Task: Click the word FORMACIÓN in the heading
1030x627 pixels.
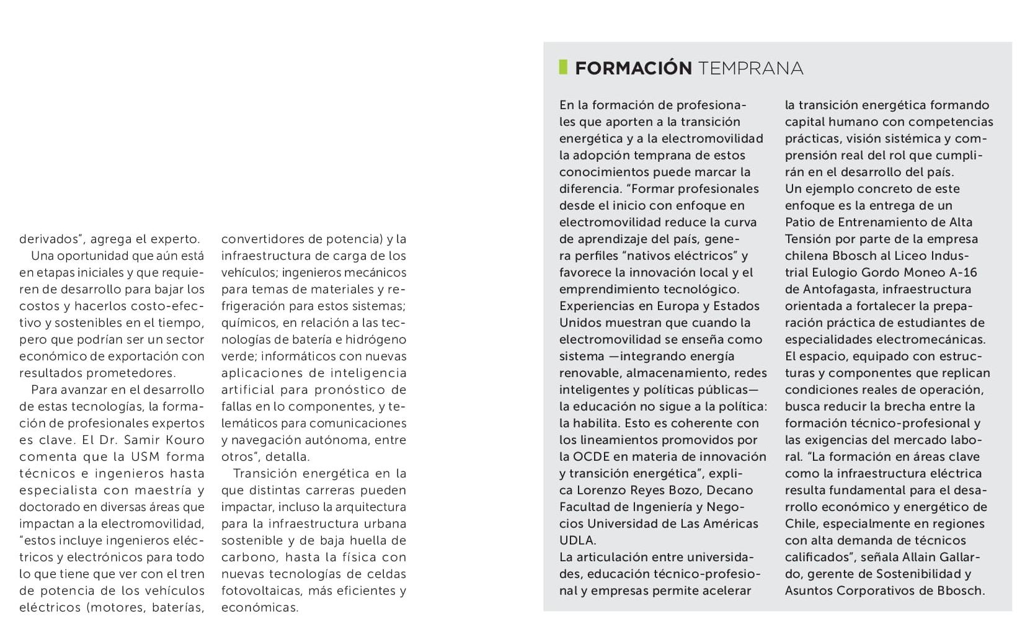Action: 633,68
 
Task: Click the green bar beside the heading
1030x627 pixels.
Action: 563,67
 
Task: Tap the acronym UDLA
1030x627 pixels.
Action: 577,540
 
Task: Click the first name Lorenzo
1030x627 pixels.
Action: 587,490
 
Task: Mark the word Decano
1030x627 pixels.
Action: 731,490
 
